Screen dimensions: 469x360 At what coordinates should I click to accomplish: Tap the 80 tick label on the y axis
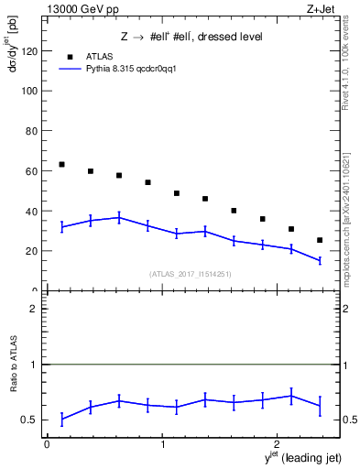click(30, 131)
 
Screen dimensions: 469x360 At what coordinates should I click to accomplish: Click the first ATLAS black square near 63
click(61, 165)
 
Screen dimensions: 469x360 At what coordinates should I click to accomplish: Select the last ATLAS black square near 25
click(319, 240)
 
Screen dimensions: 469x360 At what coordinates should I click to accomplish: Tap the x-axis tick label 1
click(162, 443)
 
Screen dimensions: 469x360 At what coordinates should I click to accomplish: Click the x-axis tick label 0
click(47, 443)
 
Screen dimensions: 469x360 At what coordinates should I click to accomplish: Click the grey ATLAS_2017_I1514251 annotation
click(190, 274)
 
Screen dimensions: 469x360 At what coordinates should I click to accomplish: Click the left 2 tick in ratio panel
click(33, 309)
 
